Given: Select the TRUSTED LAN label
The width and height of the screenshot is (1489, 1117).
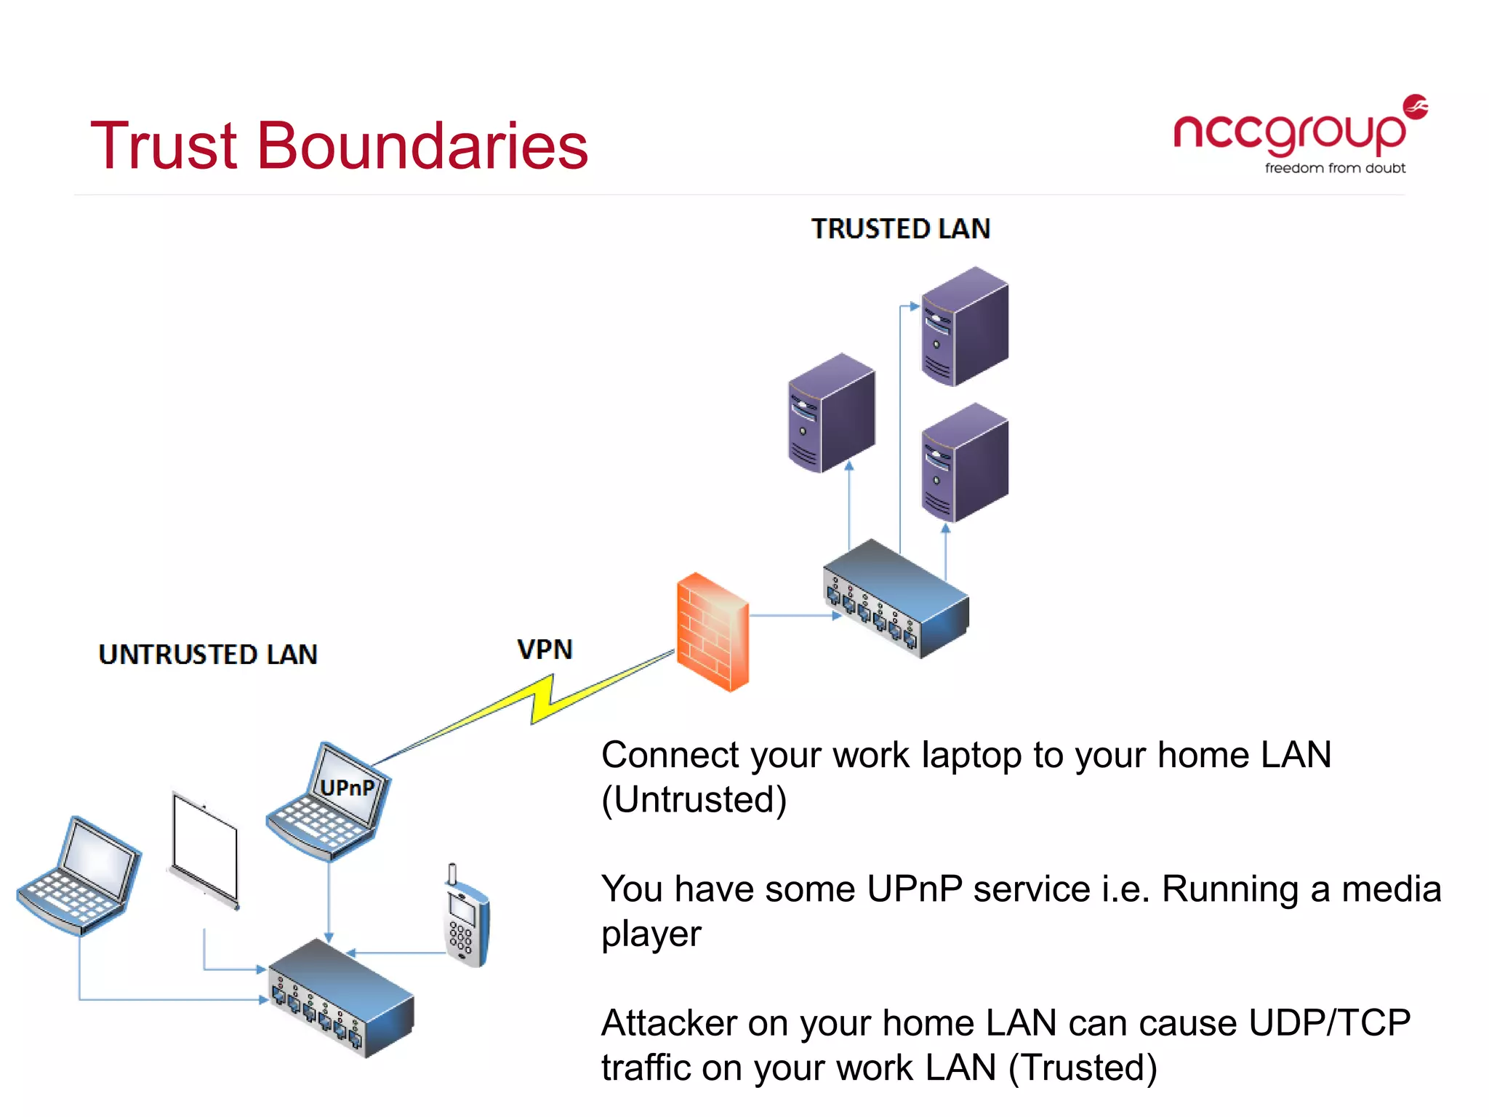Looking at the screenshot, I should [x=900, y=228].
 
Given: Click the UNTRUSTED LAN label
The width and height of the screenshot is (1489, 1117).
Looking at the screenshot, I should [x=208, y=654].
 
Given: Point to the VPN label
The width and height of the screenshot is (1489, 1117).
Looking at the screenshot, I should [x=545, y=649].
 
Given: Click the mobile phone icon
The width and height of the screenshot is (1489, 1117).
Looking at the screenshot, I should [x=466, y=918].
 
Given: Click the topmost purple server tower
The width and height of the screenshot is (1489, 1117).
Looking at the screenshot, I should [x=965, y=327].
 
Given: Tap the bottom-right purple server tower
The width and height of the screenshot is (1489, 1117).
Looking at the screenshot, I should [x=965, y=463].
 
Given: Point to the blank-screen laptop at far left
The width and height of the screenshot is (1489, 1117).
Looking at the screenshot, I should [x=80, y=876].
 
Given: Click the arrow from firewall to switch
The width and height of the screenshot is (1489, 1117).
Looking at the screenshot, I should [x=792, y=616].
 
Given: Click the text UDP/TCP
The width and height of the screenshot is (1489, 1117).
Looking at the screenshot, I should [x=1329, y=1023].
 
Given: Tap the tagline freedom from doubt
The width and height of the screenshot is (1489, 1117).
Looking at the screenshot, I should [x=1335, y=168].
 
